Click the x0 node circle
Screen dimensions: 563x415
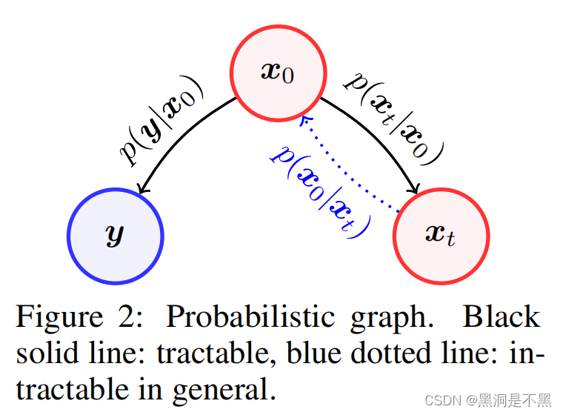[x=279, y=72]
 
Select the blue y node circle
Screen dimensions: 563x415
[x=116, y=236]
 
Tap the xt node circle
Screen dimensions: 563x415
[x=442, y=236]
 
